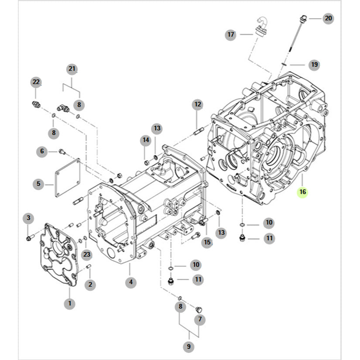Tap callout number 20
[x=328, y=18]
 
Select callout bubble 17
[x=231, y=34]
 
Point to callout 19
[x=314, y=65]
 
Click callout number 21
[x=72, y=69]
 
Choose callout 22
[x=36, y=82]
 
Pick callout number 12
[x=198, y=104]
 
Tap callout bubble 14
[x=145, y=140]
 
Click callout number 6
[x=42, y=151]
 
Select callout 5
[x=38, y=184]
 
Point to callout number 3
[x=28, y=218]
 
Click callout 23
[x=86, y=254]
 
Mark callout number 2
[x=90, y=285]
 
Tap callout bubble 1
[x=69, y=303]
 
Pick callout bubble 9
[x=189, y=347]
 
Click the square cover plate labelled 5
[x=68, y=178]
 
